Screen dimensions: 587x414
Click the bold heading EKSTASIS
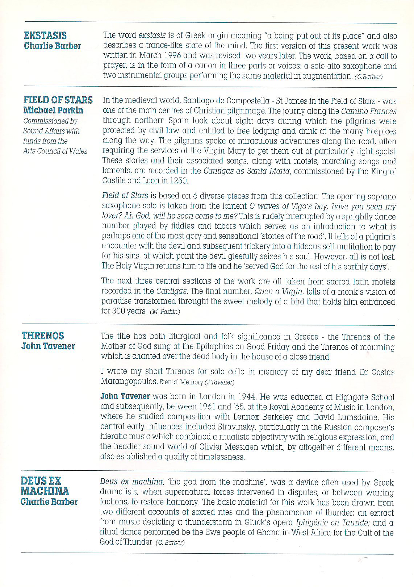(x=45, y=36)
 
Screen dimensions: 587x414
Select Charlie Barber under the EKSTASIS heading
(x=53, y=46)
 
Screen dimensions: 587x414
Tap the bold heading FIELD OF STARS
(x=58, y=100)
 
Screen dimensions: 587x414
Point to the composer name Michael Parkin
(x=53, y=110)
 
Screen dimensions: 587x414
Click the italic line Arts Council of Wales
(x=55, y=151)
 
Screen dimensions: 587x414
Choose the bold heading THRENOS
(x=43, y=336)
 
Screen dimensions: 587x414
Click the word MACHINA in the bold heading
(x=45, y=491)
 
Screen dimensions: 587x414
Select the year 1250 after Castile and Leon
(x=179, y=180)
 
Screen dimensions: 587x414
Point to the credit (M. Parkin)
(x=165, y=312)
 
